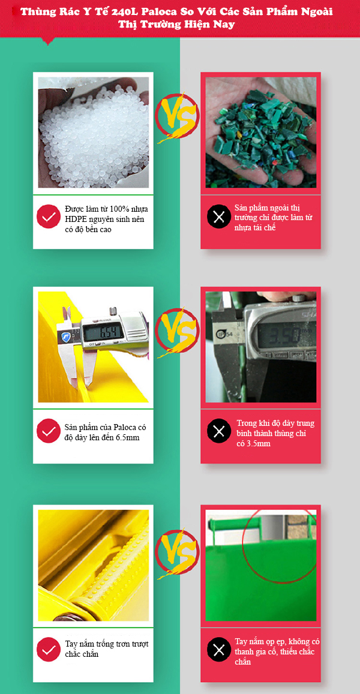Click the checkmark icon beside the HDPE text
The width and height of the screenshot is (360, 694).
coord(48,217)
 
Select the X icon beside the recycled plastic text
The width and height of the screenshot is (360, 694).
coord(219,217)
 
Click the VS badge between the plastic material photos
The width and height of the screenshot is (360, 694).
coord(176,118)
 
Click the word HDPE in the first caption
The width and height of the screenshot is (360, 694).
coord(76,219)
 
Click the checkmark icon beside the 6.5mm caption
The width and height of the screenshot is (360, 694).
coord(48,431)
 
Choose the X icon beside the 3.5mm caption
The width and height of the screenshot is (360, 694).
coord(219,431)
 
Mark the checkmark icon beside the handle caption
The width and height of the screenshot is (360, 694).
coord(48,649)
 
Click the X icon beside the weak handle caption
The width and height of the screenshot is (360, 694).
coord(219,649)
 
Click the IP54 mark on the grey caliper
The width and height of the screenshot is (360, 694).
coord(222,333)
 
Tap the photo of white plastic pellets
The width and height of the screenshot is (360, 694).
coord(94,133)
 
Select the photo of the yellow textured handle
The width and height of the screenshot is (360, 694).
coord(94,566)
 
